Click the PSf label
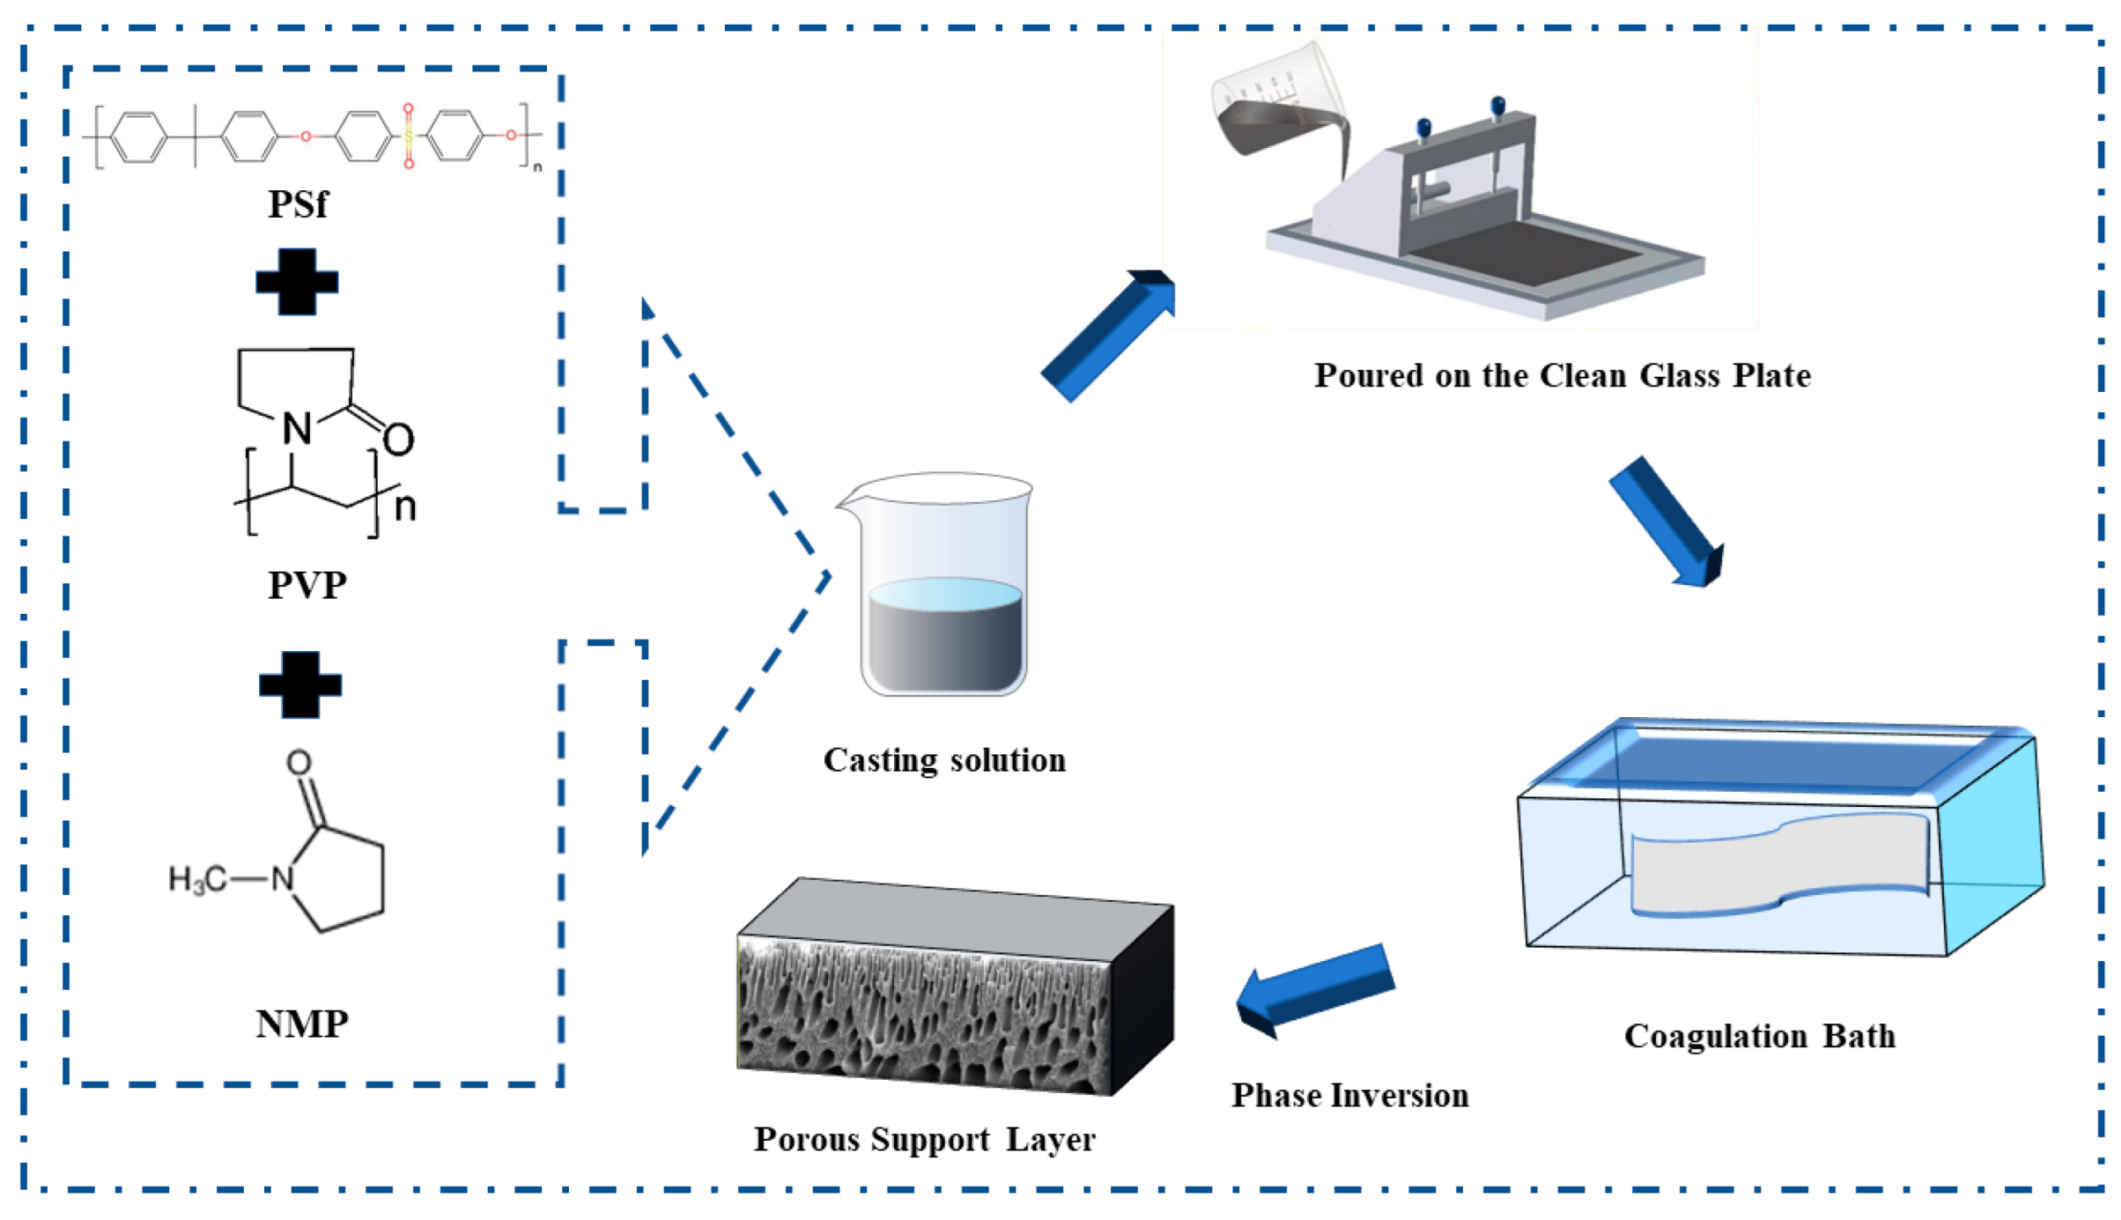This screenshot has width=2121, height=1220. point(298,204)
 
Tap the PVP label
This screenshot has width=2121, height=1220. point(307,585)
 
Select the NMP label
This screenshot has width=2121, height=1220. point(302,1024)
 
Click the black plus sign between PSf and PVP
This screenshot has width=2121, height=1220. point(297,282)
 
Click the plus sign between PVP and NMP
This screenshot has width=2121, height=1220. point(300,685)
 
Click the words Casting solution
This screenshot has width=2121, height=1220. point(944,759)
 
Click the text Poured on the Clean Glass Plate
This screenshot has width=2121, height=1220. point(1562,375)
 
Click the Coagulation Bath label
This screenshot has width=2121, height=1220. point(1759,1036)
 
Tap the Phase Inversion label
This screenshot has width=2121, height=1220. point(1349,1096)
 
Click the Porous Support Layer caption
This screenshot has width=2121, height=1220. point(924,1140)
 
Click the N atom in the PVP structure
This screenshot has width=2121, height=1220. point(297,429)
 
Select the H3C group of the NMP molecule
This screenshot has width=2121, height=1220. point(197,879)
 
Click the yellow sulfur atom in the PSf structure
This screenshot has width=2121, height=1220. point(409,137)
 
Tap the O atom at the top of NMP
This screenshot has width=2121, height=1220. point(299,762)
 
